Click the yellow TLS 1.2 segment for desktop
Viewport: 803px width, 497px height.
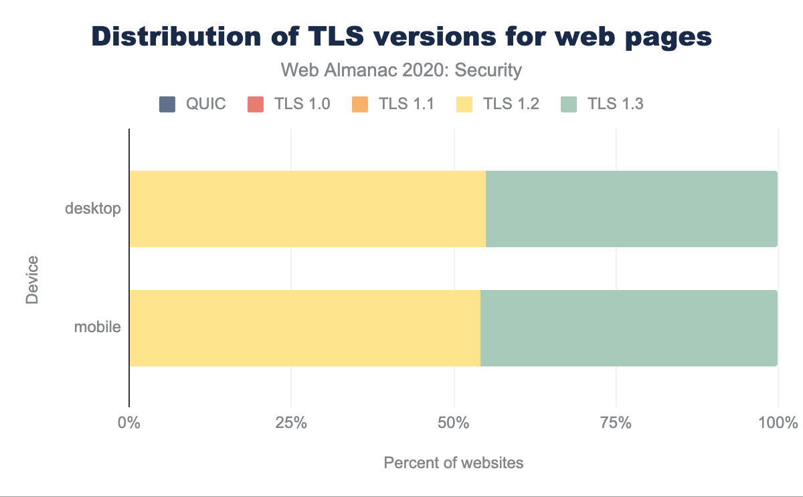coord(307,209)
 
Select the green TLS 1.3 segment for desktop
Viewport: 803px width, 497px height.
coord(631,209)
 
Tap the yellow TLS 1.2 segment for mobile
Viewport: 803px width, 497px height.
coord(304,328)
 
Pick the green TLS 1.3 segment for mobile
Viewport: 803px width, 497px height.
coord(628,328)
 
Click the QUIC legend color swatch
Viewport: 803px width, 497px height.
coord(167,104)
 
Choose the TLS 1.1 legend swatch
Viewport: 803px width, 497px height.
coord(359,104)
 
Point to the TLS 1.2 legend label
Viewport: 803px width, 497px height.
coord(512,104)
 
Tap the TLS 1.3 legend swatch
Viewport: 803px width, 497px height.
coord(567,104)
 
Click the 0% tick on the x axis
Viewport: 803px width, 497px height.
coord(128,423)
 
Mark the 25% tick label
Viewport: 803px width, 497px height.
coord(291,423)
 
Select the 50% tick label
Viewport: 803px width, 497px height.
coord(454,423)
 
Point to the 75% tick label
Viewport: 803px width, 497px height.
coord(616,423)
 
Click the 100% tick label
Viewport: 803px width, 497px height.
coord(778,423)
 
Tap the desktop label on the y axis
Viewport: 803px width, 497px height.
coord(93,208)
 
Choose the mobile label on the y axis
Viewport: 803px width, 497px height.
coord(98,328)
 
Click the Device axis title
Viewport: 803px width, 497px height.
coord(32,279)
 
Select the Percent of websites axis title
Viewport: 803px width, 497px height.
coord(454,463)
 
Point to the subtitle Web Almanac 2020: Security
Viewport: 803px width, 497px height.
coord(401,70)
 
